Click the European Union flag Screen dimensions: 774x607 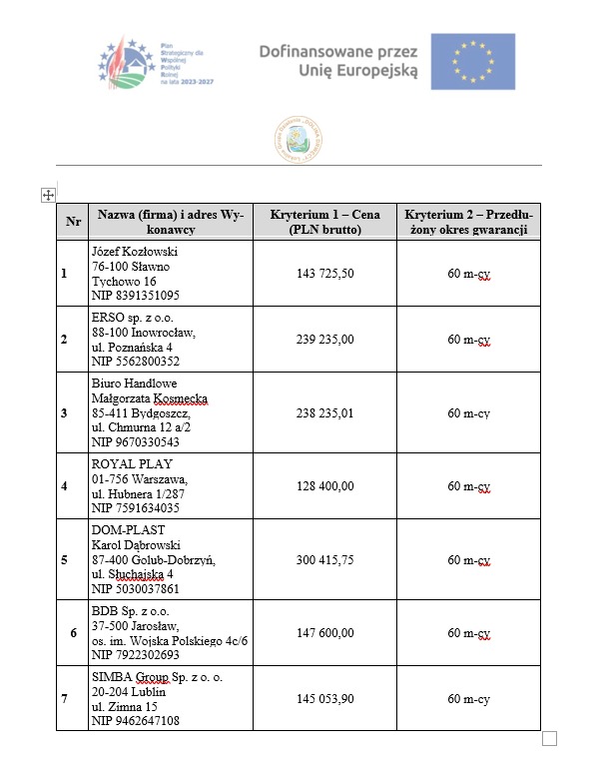tap(472, 62)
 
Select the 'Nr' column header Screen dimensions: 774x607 tap(73, 222)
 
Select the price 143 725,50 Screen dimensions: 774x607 tap(325, 273)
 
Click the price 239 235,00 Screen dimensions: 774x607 tap(325, 340)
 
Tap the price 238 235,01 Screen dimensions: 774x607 tap(325, 412)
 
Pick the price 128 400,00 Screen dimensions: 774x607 tap(325, 486)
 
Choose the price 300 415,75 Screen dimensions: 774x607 tap(325, 559)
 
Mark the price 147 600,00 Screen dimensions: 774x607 tap(325, 632)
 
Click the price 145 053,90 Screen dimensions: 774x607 tap(325, 698)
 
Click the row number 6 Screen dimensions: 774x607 tap(73, 632)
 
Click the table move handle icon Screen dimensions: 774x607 tap(47, 196)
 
